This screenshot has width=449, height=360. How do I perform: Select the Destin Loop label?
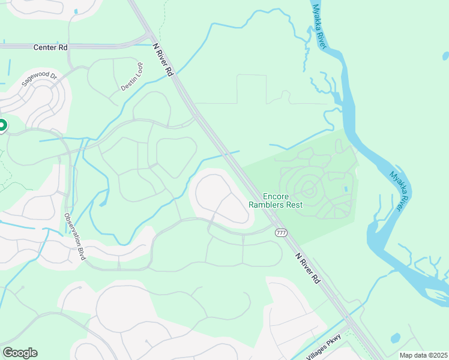[132, 77]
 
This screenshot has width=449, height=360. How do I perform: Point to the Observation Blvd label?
[74, 236]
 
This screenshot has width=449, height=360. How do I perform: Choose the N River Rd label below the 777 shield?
[308, 268]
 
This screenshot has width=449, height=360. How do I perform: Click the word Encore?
[276, 196]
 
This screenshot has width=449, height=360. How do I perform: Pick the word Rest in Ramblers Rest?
[294, 205]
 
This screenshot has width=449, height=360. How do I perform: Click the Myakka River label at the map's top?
[316, 26]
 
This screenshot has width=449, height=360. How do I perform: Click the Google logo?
[20, 353]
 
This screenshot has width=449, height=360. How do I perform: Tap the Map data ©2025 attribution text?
[423, 355]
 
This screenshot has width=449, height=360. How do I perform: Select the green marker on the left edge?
[2, 126]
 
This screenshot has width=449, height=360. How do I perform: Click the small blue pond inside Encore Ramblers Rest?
[345, 190]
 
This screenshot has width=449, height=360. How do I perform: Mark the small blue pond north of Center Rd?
[75, 11]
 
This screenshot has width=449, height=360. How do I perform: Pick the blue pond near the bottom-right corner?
[395, 338]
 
